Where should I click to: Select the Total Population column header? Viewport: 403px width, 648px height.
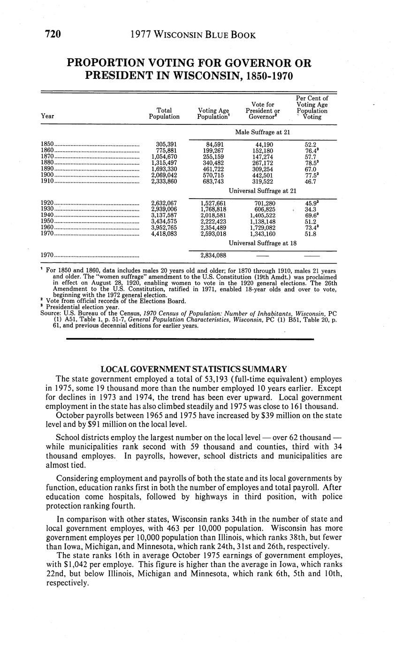[164, 113]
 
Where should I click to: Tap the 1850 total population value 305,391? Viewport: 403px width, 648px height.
[166, 144]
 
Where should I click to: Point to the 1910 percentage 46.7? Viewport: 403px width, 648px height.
[311, 181]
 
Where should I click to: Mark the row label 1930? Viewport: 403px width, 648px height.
[47, 209]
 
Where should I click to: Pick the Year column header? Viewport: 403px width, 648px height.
[47, 116]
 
